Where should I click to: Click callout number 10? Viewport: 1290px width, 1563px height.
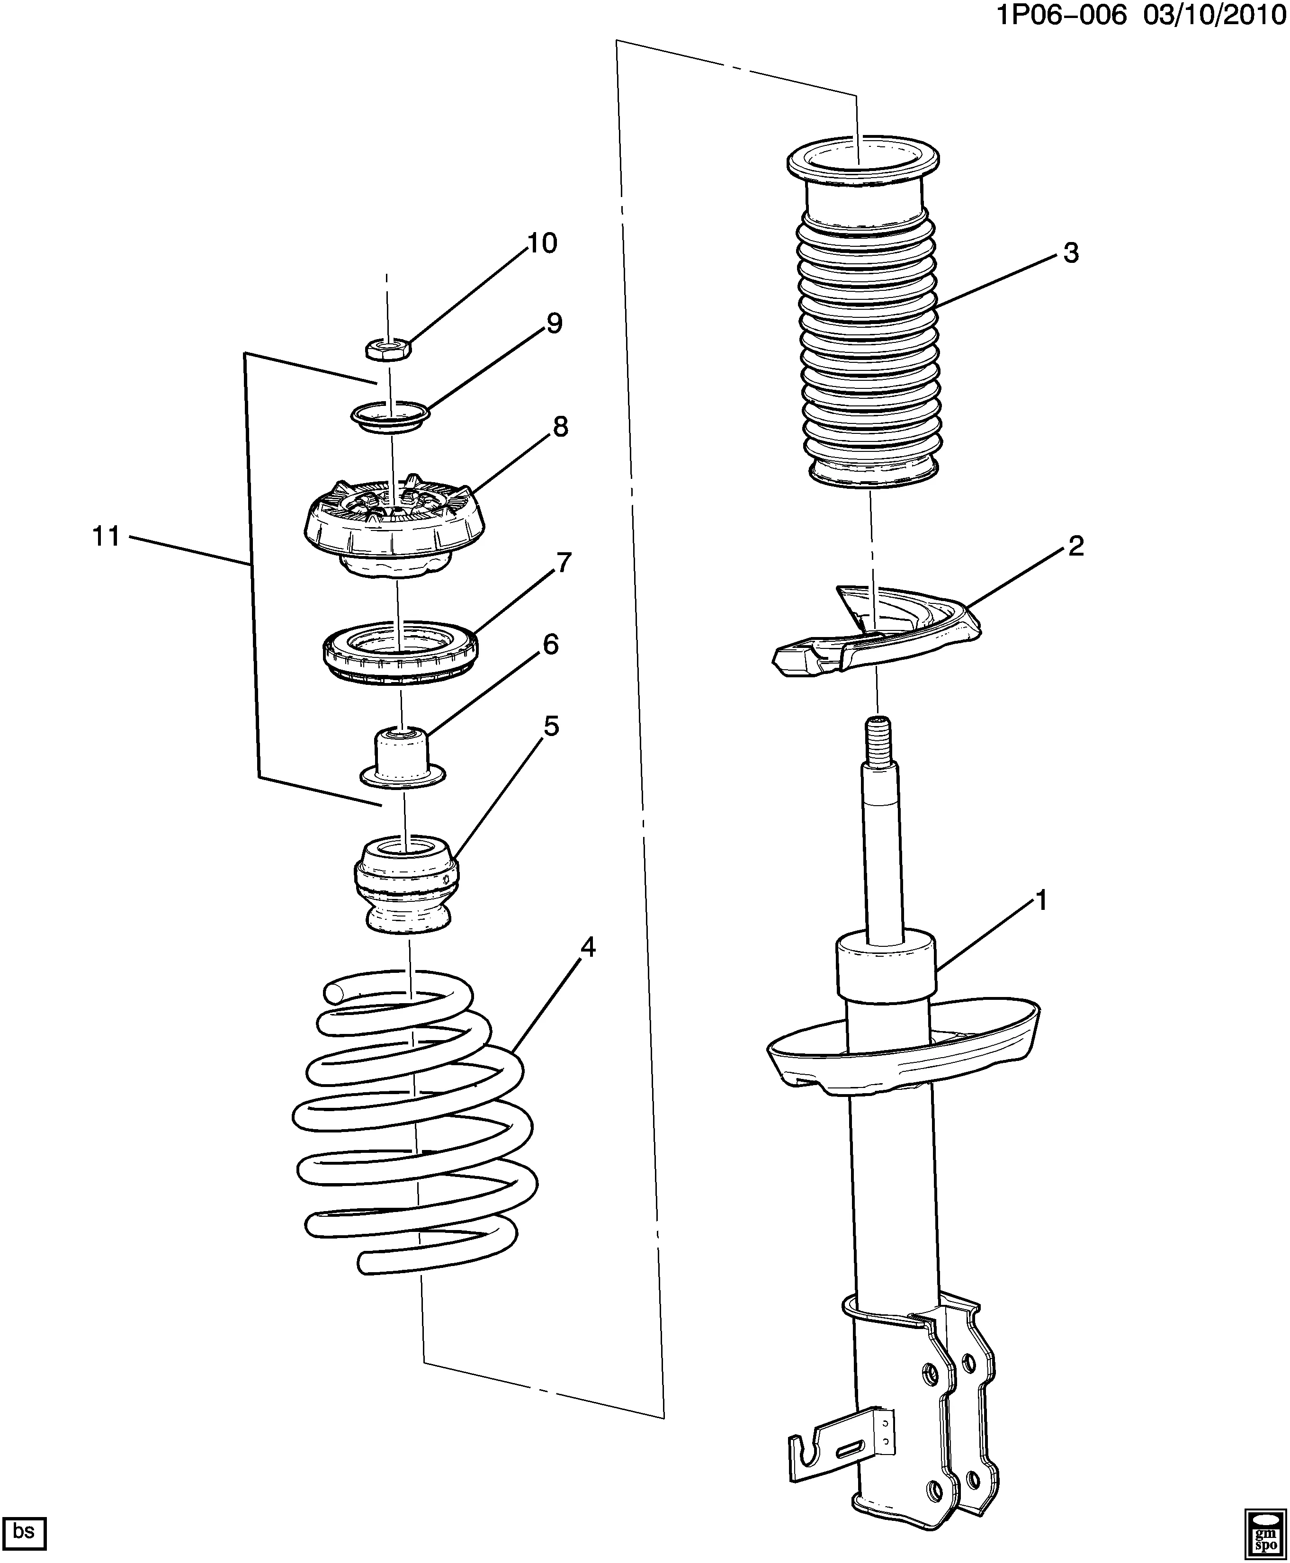(x=542, y=243)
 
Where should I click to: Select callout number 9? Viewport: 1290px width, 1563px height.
(x=555, y=323)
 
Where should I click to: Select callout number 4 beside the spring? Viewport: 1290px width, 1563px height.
(x=587, y=948)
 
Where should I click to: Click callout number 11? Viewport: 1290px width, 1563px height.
(x=106, y=536)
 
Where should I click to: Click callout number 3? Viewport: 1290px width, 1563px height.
(x=1070, y=253)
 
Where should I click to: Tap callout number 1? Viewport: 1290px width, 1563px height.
(x=1040, y=901)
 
